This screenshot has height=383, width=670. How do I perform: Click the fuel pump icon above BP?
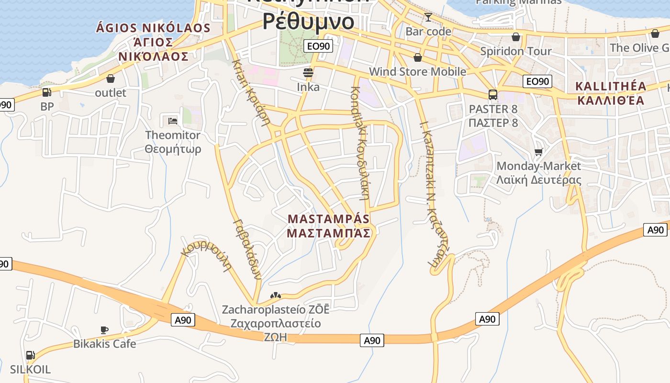[x=46, y=92]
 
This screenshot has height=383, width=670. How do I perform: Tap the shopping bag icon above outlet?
[x=111, y=79]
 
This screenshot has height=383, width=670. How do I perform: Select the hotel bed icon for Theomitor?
[x=173, y=121]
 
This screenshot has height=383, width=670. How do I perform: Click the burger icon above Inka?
[x=308, y=73]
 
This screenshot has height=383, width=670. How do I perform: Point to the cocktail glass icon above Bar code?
[x=428, y=18]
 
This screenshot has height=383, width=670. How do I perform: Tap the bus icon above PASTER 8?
[x=493, y=94]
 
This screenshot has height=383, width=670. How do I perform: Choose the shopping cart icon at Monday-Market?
[x=539, y=152]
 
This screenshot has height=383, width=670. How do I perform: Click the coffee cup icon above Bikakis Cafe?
[x=104, y=330]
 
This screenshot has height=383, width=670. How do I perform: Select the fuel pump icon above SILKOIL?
[x=30, y=355]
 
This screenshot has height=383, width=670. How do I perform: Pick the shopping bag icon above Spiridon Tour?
[x=516, y=37]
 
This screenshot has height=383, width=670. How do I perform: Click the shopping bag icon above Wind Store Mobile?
[x=417, y=57]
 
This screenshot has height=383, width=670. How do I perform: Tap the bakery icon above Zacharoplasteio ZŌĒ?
[x=275, y=296]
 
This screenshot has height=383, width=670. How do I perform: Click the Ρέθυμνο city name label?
[x=309, y=21]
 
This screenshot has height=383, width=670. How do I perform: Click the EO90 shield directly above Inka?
[x=318, y=46]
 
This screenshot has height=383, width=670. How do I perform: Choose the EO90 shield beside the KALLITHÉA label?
[x=537, y=81]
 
